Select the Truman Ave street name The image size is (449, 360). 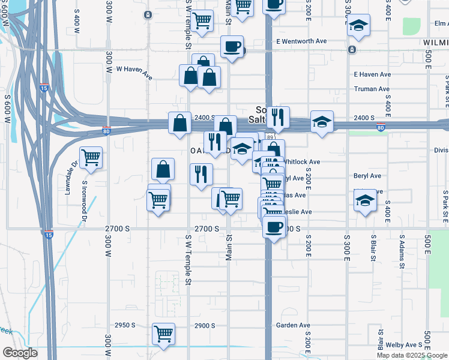pos(372,89)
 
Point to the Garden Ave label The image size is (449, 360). pos(293,325)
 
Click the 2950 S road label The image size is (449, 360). pos(125,325)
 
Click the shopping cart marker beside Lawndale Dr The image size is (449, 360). pos(91,157)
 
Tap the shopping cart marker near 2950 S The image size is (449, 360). pos(163,334)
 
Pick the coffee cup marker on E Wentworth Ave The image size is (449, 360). pos(232,46)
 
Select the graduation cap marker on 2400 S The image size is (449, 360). pos(322,122)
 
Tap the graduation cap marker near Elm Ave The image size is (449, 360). pos(359,25)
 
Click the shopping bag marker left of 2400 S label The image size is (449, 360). pos(180,122)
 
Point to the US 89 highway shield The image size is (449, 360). pos(271,137)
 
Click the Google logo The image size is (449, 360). pos(19,353)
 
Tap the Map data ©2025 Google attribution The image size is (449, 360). pos(412,355)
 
